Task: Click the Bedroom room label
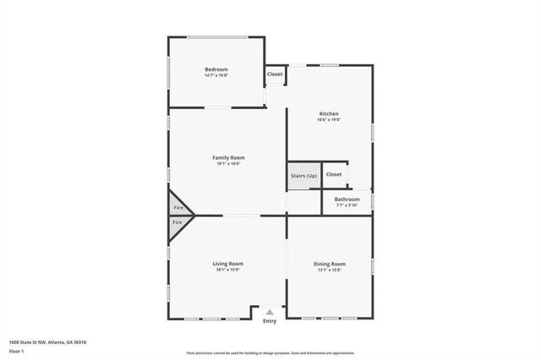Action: [x=216, y=69]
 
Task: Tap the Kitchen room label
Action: [x=329, y=113]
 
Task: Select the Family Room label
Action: [x=228, y=157]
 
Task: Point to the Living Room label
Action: [x=228, y=264]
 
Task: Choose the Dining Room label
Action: [x=329, y=264]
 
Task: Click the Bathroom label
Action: [x=347, y=199]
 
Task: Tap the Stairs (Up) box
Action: [x=303, y=175]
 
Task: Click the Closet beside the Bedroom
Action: [x=275, y=74]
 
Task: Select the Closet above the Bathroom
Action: [x=334, y=174]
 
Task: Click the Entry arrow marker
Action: [x=270, y=313]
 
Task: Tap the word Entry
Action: [x=270, y=321]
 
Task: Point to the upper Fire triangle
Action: [x=177, y=207]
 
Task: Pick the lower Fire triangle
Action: [x=177, y=222]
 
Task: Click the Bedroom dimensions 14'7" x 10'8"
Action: [x=216, y=76]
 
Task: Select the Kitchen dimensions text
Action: [x=329, y=120]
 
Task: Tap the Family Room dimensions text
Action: [x=228, y=164]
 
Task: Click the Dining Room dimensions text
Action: [x=329, y=270]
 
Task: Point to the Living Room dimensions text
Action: [x=228, y=270]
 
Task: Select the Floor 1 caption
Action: [x=17, y=350]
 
